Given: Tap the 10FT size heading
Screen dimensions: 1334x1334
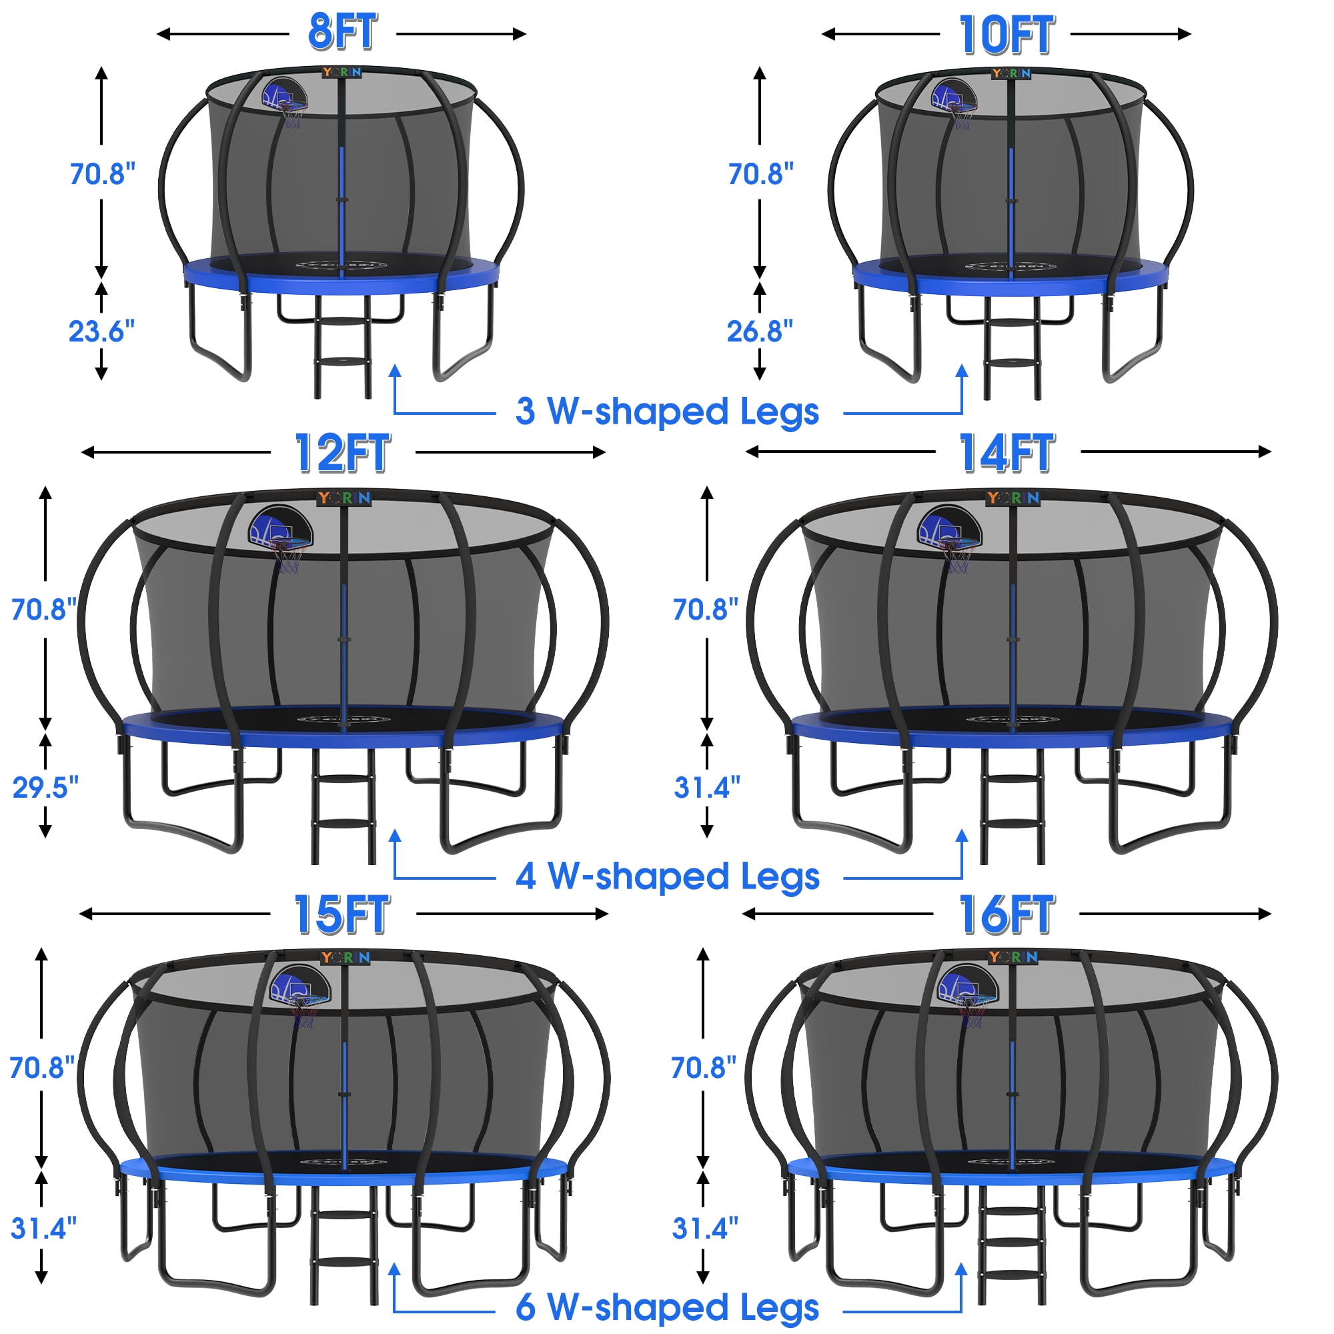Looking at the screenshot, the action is coord(1006,35).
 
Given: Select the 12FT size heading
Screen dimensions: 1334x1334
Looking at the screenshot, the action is coord(343,453).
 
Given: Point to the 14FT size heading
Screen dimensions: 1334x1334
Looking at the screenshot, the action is coord(1007,453).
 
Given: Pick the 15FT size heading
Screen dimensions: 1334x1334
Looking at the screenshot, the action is coord(343,914).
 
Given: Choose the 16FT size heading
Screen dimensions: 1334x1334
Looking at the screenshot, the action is coord(1007,914).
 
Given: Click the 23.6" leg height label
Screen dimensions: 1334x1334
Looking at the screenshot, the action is coord(101,331).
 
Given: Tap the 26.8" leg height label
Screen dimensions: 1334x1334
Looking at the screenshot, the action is coord(760,331).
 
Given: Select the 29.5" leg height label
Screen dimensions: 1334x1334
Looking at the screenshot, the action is coord(45,787).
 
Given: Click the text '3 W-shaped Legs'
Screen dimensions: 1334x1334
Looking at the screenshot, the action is coord(667,412).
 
